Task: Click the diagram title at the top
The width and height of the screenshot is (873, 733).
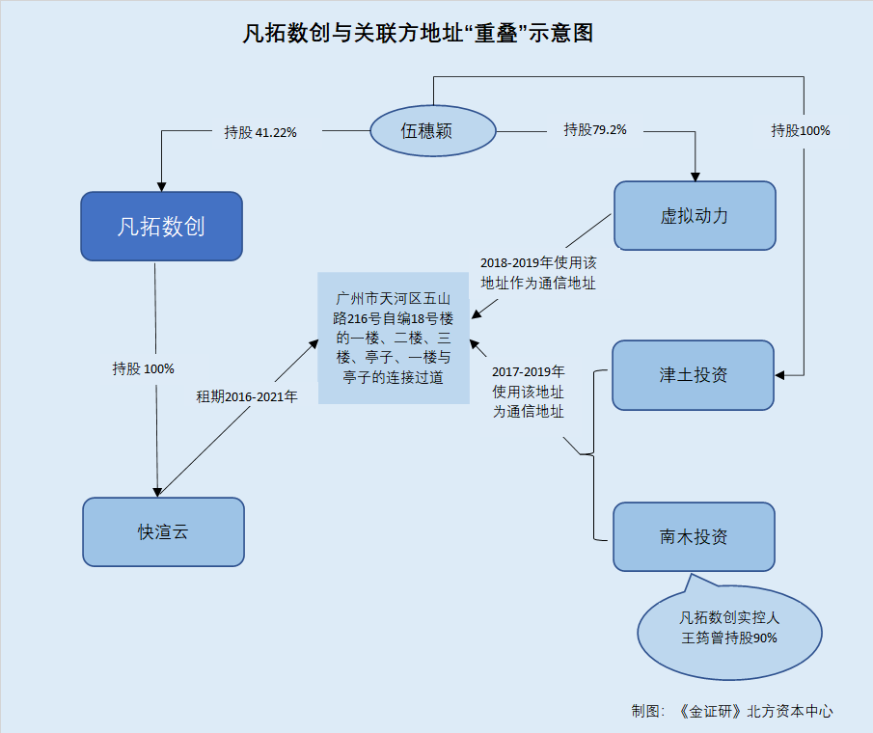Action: point(418,34)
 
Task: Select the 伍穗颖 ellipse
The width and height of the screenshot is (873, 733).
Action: point(432,131)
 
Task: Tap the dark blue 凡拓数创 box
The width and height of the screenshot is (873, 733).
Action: point(161,226)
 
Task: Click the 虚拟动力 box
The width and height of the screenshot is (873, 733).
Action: point(695,215)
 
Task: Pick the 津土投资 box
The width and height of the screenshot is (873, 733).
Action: point(694,375)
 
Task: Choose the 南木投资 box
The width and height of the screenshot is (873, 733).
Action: point(694,536)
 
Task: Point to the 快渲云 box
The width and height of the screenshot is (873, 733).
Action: point(163,531)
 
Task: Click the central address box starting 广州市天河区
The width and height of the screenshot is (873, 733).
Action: point(394,338)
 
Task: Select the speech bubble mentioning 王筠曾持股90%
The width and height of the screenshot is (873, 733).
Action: point(729,629)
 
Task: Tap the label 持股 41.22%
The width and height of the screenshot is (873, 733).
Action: point(260,132)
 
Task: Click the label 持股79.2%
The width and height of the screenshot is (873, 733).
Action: point(595,129)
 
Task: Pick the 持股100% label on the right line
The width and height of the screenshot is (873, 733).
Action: point(801,131)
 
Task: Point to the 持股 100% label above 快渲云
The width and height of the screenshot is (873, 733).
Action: point(143,368)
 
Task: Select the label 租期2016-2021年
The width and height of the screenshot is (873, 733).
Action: point(247,396)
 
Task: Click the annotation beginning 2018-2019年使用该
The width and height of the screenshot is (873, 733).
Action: point(538,273)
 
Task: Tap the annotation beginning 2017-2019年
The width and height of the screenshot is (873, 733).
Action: point(529,392)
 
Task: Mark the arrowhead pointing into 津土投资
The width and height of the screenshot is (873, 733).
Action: point(780,376)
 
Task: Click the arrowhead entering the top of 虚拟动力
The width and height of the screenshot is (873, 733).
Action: point(695,176)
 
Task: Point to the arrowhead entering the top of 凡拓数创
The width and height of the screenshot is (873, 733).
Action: point(161,187)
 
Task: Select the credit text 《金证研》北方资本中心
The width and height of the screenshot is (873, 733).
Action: point(755,711)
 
